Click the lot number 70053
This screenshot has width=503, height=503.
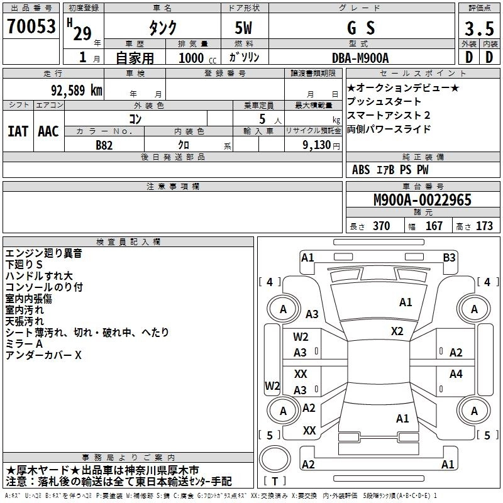coord(31,28)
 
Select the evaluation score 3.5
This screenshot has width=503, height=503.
coord(479,29)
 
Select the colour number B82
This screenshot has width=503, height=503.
coord(104,145)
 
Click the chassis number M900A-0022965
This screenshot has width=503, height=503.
coord(422,201)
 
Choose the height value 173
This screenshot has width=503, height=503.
coord(484,226)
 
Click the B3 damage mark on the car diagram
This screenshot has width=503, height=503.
coord(449,257)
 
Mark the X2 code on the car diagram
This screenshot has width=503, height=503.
coord(397,331)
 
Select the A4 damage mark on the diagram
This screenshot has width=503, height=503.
coord(456,374)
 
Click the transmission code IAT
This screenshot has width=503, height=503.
coord(18,131)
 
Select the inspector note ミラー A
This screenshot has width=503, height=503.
coord(24,345)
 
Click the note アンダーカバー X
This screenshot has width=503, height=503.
coord(43,356)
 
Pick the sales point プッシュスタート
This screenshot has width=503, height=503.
coord(384,102)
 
